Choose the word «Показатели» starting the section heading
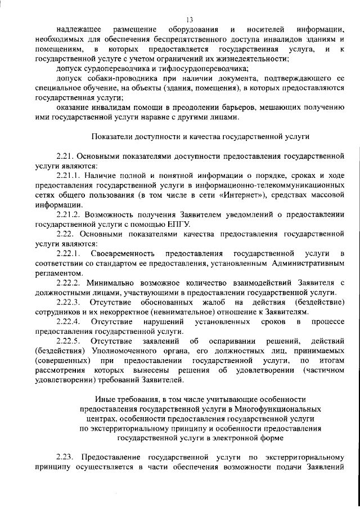109,136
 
